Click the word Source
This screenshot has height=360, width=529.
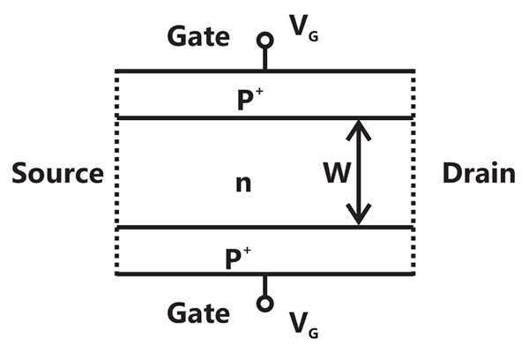[57, 173]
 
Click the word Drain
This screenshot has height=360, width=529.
[479, 173]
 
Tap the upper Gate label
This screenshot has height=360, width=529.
[198, 36]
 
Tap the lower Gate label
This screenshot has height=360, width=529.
[198, 313]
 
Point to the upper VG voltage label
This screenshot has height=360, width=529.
[303, 27]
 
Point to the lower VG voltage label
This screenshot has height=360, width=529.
[303, 325]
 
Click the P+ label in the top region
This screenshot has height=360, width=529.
[250, 99]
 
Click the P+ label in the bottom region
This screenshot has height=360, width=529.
[238, 259]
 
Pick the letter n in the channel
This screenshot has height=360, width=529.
[243, 184]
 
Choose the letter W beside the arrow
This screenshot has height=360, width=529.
[337, 173]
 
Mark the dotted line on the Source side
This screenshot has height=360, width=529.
[116, 173]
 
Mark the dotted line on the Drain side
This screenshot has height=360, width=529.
[414, 173]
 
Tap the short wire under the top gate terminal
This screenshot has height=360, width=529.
[265, 59]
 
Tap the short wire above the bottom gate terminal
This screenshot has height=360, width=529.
[265, 286]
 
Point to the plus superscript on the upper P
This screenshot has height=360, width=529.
[259, 91]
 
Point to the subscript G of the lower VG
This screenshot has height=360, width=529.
[313, 334]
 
